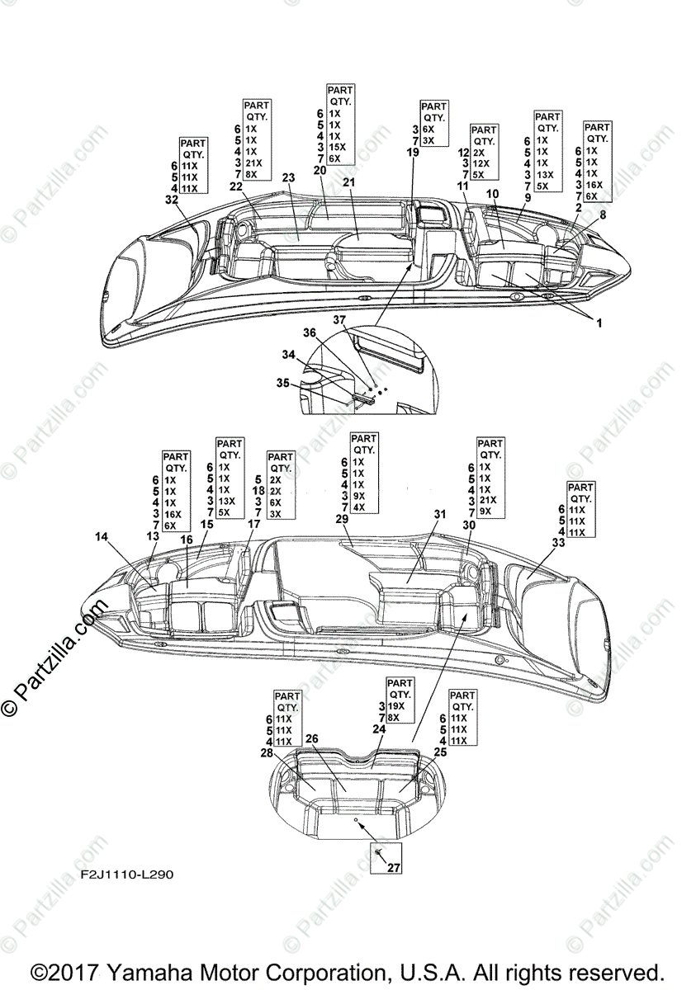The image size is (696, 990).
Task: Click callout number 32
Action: point(171,200)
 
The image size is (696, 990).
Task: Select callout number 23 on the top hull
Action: point(288,177)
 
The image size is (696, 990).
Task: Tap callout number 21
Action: point(348,182)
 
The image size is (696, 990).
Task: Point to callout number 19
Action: point(413,153)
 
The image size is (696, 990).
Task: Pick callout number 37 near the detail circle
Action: point(339,319)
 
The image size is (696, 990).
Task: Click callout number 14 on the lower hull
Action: point(102,536)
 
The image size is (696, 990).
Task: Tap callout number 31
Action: point(440,514)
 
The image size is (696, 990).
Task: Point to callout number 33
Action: point(558,543)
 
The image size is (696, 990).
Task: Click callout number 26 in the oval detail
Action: point(312,738)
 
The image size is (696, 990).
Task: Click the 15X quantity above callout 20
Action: point(337,147)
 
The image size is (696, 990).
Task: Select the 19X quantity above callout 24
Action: point(396,707)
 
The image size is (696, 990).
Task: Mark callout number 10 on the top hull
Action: point(492,193)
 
